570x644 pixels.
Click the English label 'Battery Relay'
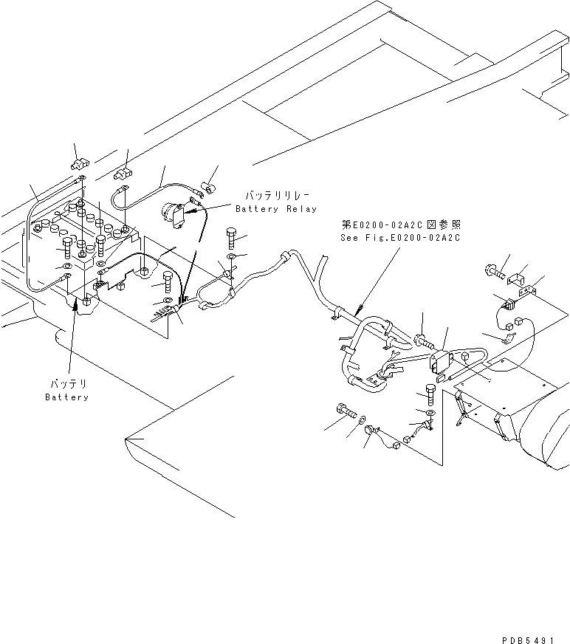point(275,209)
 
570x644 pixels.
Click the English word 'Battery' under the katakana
point(66,397)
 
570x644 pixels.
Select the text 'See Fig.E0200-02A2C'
point(400,237)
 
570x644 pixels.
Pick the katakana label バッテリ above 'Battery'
point(67,384)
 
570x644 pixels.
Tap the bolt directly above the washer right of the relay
point(232,239)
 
